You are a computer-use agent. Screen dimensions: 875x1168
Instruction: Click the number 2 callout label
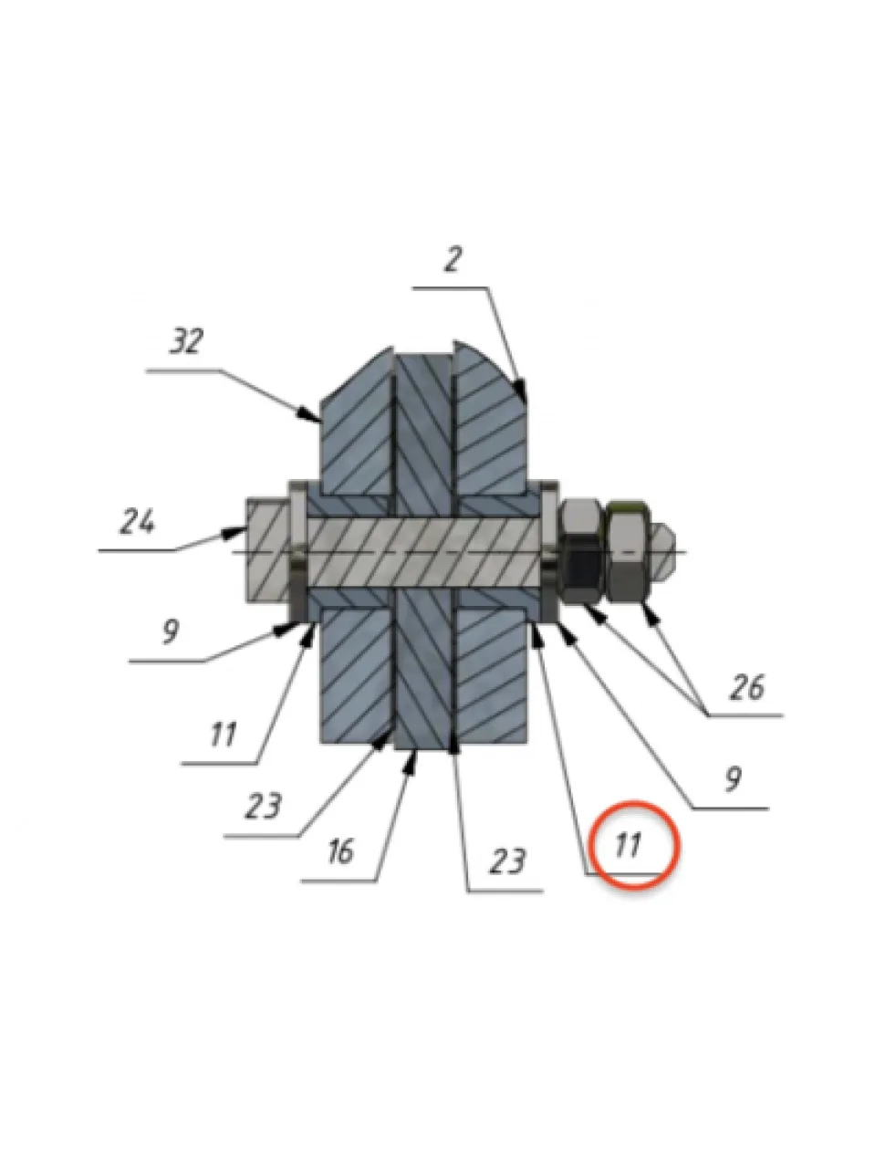click(453, 260)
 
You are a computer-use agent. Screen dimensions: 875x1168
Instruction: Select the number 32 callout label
click(186, 341)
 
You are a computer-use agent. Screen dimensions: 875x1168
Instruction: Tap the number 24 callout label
click(137, 521)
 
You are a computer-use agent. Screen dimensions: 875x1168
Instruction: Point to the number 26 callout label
click(747, 687)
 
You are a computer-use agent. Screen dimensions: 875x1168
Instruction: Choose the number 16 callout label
click(340, 850)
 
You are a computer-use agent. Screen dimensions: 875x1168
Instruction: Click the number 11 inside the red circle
click(627, 844)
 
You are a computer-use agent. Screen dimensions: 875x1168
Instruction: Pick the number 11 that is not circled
click(223, 735)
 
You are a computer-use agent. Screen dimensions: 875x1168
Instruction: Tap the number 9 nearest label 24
click(170, 631)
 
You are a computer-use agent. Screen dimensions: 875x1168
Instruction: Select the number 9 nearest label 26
click(733, 779)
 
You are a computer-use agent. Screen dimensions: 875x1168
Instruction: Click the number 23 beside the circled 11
click(508, 860)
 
